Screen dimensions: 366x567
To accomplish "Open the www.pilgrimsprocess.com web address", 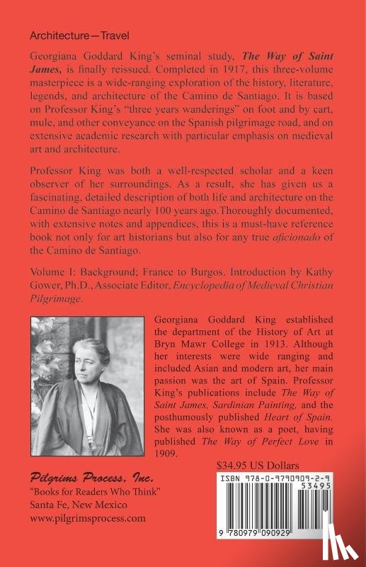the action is point(88,518).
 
